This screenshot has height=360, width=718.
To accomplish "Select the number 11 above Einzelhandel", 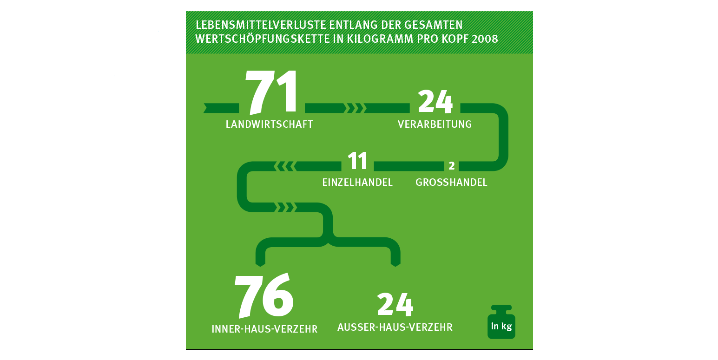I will click(357, 161).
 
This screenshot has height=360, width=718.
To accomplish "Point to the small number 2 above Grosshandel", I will click(451, 166).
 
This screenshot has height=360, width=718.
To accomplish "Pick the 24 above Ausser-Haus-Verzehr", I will click(395, 305).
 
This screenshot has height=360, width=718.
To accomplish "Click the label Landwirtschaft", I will click(269, 124).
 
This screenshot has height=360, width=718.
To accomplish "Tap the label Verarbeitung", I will click(435, 124).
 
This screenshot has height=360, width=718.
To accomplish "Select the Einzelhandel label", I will click(357, 183).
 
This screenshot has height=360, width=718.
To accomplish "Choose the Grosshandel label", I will click(451, 183).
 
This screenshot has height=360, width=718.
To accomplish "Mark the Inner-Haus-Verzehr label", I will click(264, 329).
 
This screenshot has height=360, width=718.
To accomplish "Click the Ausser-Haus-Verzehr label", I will click(395, 327).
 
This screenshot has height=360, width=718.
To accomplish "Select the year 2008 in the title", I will click(484, 39).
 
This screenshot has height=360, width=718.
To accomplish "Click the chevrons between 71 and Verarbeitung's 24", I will click(356, 108).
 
